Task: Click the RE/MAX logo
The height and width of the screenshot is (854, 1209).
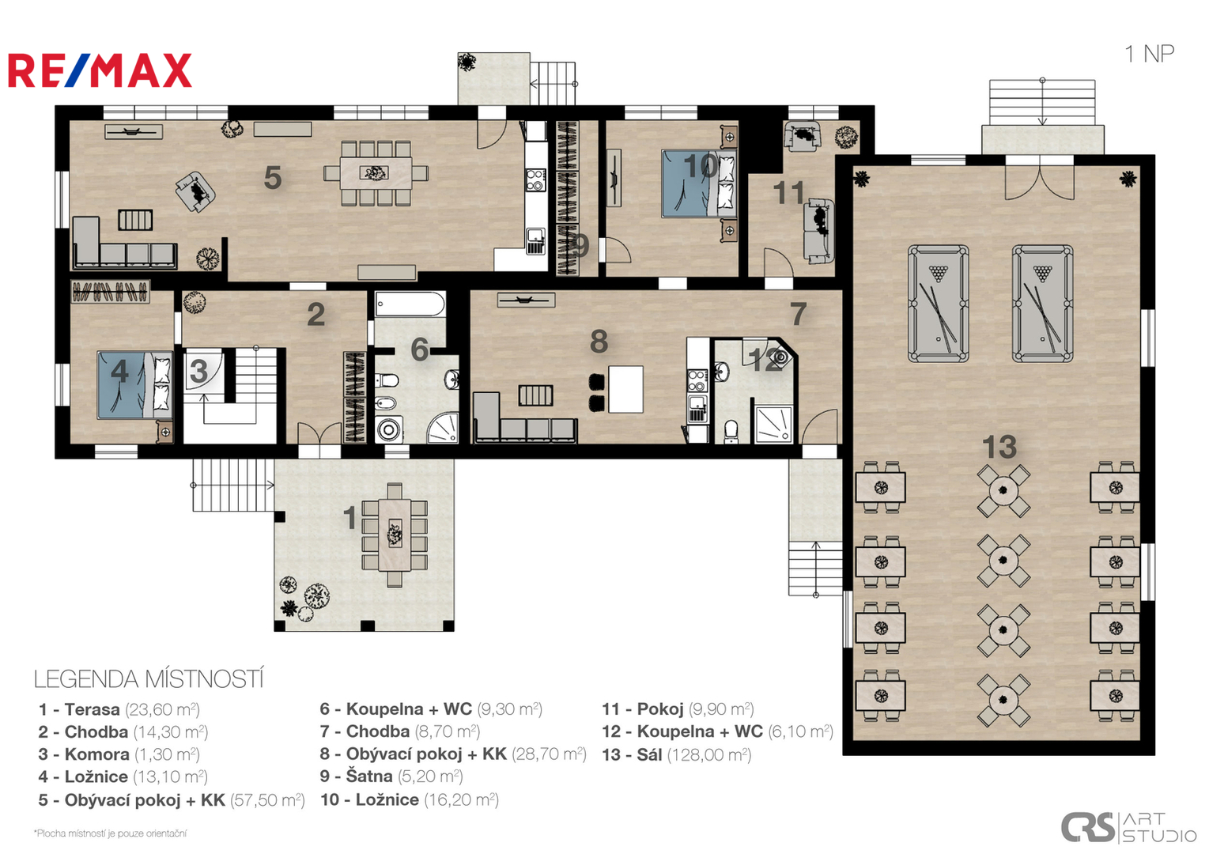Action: click(100, 70)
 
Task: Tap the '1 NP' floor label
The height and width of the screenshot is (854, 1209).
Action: click(1149, 54)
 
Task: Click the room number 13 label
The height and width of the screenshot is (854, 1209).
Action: click(999, 447)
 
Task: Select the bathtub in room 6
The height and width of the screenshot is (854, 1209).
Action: click(410, 305)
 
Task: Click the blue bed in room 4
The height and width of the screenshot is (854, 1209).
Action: click(134, 385)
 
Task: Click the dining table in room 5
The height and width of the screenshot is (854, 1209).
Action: click(376, 173)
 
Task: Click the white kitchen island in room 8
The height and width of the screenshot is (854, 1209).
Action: click(625, 389)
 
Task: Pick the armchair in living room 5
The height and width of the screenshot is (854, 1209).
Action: click(195, 191)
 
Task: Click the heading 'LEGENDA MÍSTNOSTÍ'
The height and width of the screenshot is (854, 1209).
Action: click(149, 679)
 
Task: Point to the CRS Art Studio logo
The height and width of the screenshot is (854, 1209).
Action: click(1128, 828)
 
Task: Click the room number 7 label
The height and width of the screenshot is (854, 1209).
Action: click(799, 314)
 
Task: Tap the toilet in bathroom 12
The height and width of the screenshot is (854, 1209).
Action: click(731, 431)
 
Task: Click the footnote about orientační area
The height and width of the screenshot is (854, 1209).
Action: click(110, 833)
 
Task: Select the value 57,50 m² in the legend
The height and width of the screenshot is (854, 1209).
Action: click(267, 800)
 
